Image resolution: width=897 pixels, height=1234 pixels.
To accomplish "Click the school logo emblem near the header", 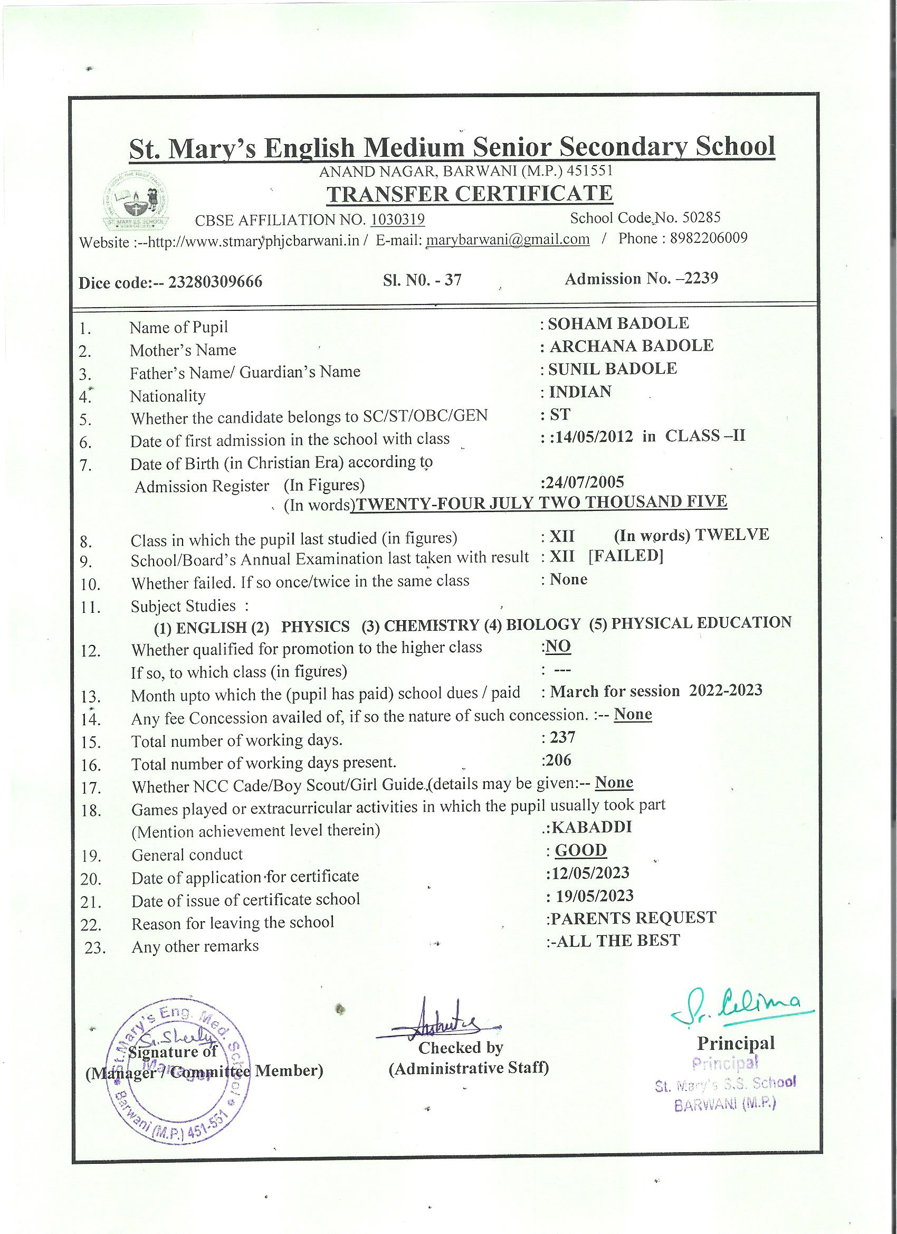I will [x=136, y=200].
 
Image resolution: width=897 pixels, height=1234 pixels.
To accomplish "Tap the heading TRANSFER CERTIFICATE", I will [x=470, y=194].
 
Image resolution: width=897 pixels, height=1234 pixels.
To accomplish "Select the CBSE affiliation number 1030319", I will [x=397, y=219].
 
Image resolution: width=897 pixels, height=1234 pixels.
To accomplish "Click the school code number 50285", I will [x=701, y=217].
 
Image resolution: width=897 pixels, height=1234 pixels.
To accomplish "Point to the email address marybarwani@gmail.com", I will [x=508, y=240].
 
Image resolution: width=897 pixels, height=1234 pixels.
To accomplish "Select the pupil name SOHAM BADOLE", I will [x=618, y=323].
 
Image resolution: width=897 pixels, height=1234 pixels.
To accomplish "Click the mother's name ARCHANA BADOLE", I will [x=631, y=346].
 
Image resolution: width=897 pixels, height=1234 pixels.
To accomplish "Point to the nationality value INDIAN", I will [x=580, y=392].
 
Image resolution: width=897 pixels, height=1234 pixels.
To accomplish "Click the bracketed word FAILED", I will [x=626, y=556].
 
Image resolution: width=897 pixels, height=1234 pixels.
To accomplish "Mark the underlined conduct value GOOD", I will [x=580, y=850].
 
